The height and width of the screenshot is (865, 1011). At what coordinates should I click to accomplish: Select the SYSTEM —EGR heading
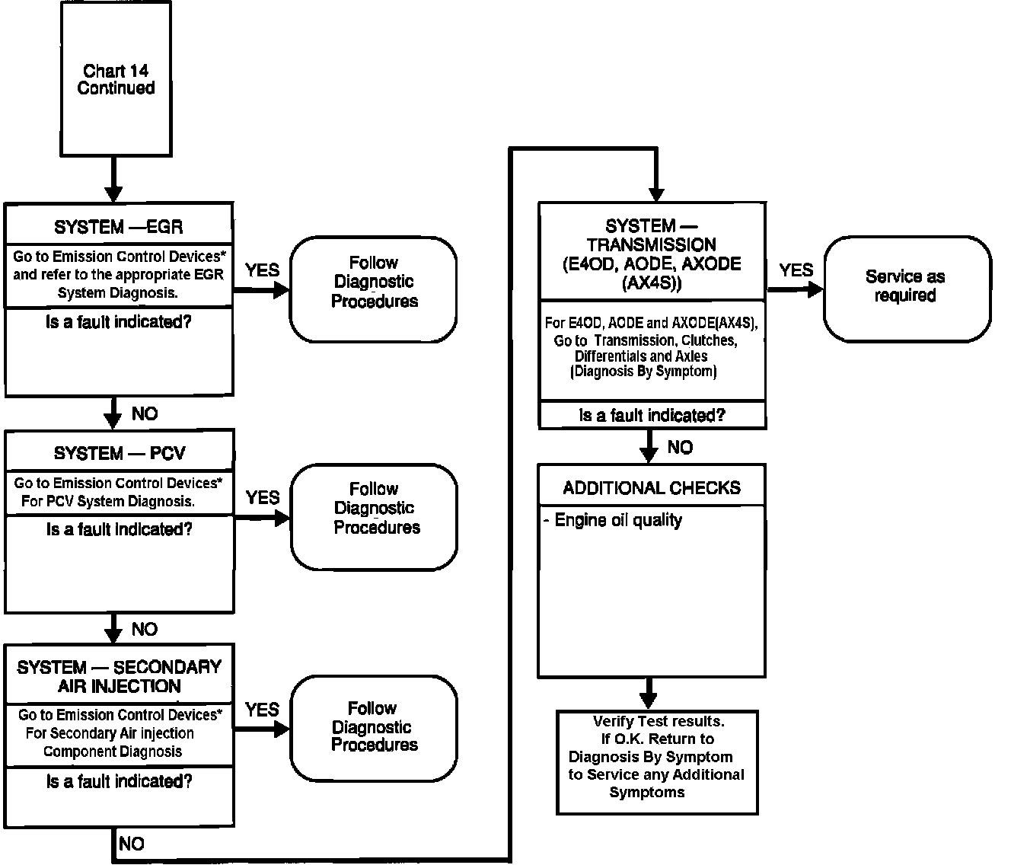click(x=118, y=227)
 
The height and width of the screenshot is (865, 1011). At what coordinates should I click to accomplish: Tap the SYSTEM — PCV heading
click(x=120, y=453)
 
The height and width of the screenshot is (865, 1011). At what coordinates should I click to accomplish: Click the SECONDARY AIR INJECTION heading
click(x=120, y=676)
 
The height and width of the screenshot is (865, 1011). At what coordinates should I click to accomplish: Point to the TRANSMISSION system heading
click(x=652, y=254)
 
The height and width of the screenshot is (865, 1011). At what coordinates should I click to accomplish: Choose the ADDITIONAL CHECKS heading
click(x=652, y=488)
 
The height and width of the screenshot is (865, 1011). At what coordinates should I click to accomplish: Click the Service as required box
click(x=907, y=286)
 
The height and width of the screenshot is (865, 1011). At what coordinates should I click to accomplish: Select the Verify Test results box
click(x=657, y=758)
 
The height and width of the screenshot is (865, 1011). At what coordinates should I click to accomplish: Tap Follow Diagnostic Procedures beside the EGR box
click(x=374, y=282)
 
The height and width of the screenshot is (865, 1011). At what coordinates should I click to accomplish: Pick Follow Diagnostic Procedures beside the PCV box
click(x=375, y=509)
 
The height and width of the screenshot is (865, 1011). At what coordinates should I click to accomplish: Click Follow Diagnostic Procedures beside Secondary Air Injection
click(x=374, y=727)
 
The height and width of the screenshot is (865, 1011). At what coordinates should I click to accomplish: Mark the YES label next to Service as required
click(x=796, y=270)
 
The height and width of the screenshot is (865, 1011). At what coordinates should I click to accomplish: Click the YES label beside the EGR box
click(x=263, y=270)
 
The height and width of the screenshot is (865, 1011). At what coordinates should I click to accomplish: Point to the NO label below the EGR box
click(x=145, y=413)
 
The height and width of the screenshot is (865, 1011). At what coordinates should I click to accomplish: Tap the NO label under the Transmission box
click(x=680, y=447)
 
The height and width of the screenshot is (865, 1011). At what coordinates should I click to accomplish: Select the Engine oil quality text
click(x=617, y=521)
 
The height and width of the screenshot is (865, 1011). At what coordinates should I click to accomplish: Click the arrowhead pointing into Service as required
click(x=815, y=289)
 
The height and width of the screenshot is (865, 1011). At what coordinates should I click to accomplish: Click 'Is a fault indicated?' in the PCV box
click(x=120, y=529)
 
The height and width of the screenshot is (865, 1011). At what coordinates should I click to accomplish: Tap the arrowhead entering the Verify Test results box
click(x=649, y=700)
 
